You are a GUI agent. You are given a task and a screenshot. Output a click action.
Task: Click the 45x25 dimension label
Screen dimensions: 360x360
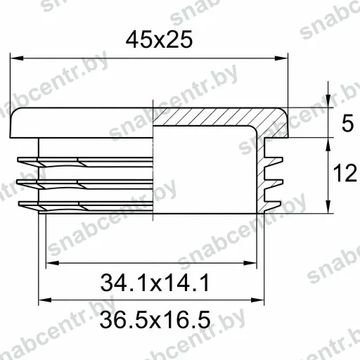[159, 39]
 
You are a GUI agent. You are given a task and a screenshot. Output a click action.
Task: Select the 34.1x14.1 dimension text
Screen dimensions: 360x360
[155, 283]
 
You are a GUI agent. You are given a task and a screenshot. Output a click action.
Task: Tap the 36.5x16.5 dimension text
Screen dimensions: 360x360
[155, 320]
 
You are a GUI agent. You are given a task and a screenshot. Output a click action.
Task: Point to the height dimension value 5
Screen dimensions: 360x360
[347, 123]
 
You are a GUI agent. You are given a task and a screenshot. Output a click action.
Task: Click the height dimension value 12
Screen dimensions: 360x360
[345, 173]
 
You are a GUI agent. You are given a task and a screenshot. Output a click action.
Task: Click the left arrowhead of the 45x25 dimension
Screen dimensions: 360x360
[17, 58]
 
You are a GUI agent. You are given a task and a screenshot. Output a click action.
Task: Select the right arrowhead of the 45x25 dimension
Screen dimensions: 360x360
[281, 58]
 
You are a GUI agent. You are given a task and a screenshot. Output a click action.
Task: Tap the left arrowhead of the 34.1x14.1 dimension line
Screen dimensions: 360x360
[53, 263]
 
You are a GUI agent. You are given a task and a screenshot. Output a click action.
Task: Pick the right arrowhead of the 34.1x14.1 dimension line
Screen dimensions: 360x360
[250, 263]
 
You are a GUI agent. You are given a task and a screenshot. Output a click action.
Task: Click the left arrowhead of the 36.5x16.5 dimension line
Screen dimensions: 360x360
[45, 300]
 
